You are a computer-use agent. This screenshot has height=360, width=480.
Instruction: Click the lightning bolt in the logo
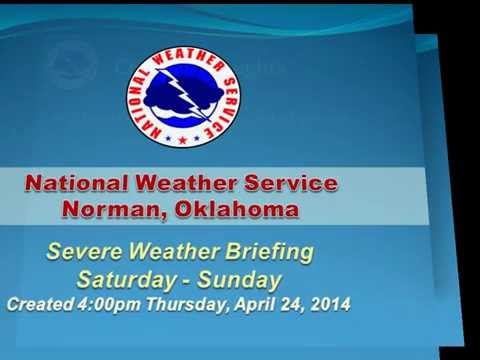182,91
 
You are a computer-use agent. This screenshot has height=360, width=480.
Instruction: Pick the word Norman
111,209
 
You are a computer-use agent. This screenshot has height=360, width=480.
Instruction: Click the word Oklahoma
236,209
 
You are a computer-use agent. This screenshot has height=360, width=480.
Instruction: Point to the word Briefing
273,251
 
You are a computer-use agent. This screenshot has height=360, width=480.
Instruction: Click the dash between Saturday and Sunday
193,278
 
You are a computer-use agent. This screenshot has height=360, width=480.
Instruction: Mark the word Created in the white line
39,303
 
